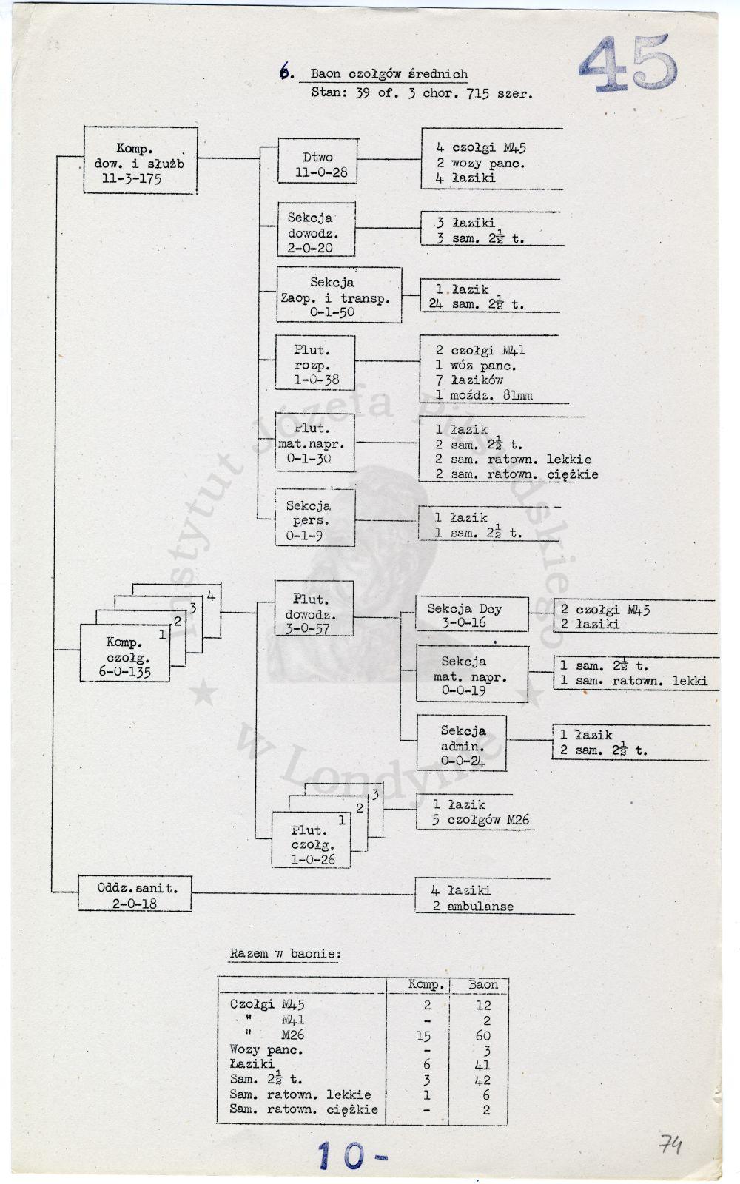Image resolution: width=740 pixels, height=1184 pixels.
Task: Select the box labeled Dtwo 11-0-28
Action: pyautogui.click(x=317, y=161)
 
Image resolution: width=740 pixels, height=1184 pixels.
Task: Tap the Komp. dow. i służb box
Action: pyautogui.click(x=140, y=160)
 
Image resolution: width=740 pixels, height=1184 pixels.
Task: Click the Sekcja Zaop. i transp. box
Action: pyautogui.click(x=339, y=295)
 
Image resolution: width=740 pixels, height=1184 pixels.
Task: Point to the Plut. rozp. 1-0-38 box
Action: pyautogui.click(x=315, y=363)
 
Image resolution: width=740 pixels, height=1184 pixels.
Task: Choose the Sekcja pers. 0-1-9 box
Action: pyautogui.click(x=315, y=517)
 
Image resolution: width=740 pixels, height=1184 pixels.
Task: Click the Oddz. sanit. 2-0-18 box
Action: pyautogui.click(x=135, y=893)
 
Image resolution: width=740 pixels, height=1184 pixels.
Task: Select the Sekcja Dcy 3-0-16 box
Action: pyautogui.click(x=472, y=613)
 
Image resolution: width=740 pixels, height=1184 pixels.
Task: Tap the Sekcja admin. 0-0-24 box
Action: pyautogui.click(x=462, y=743)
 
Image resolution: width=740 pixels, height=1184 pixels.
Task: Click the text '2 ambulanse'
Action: pyautogui.click(x=473, y=906)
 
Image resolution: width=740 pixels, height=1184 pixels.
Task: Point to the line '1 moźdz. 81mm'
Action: pyautogui.click(x=484, y=395)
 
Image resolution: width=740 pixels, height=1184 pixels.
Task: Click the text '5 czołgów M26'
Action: pyautogui.click(x=480, y=820)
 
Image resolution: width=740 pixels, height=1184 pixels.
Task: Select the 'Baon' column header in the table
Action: pyautogui.click(x=483, y=984)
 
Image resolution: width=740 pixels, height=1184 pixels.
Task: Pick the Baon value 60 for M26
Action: pyautogui.click(x=483, y=1035)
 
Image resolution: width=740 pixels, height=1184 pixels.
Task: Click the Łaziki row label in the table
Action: pyautogui.click(x=252, y=1063)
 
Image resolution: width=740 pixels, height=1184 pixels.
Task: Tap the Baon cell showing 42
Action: pyautogui.click(x=482, y=1080)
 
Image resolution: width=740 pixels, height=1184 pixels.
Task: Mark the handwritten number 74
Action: pyautogui.click(x=670, y=1145)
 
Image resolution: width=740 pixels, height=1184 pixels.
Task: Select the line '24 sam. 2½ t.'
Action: pyautogui.click(x=477, y=304)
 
